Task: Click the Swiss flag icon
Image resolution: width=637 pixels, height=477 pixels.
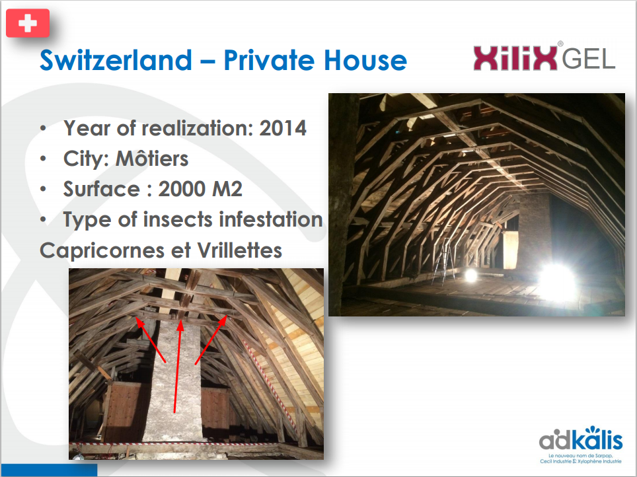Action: click(x=28, y=23)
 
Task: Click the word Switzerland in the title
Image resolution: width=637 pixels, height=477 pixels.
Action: click(x=116, y=60)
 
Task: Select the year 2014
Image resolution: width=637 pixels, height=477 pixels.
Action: click(x=283, y=128)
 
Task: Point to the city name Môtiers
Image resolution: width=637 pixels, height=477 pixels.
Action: click(x=152, y=159)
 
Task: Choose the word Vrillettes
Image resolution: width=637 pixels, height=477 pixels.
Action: click(x=240, y=250)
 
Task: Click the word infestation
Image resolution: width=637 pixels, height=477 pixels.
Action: click(x=271, y=219)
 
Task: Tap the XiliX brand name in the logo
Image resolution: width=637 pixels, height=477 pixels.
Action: click(x=515, y=58)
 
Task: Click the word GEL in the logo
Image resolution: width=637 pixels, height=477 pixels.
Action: click(x=589, y=59)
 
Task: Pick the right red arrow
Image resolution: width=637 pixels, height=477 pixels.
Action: click(x=211, y=340)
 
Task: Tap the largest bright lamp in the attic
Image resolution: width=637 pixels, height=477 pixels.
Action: click(x=558, y=282)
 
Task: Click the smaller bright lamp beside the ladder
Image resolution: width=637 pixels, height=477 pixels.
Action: click(x=470, y=275)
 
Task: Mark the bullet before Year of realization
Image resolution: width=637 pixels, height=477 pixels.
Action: click(x=44, y=128)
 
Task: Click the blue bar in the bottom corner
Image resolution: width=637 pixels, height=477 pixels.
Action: click(x=49, y=470)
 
